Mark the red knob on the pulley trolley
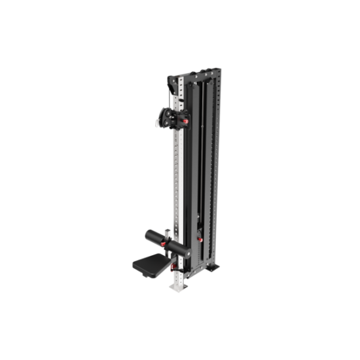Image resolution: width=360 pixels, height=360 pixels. click(185, 122)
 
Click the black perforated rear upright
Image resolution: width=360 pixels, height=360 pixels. click(213, 170)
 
